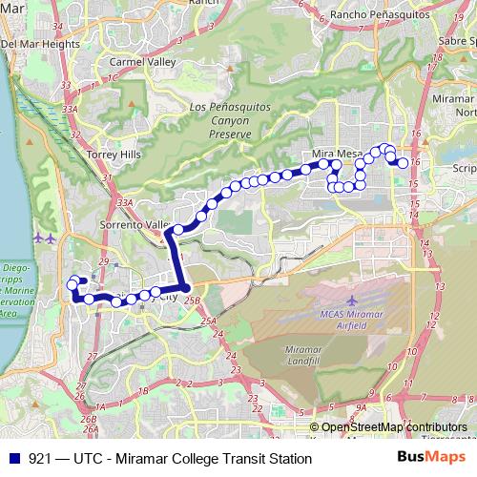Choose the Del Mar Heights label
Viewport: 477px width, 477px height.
(x=40, y=44)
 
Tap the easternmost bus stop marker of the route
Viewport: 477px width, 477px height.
(x=404, y=163)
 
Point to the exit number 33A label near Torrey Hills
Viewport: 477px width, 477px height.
(x=70, y=110)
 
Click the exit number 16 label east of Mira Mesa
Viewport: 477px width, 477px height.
(x=416, y=163)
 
